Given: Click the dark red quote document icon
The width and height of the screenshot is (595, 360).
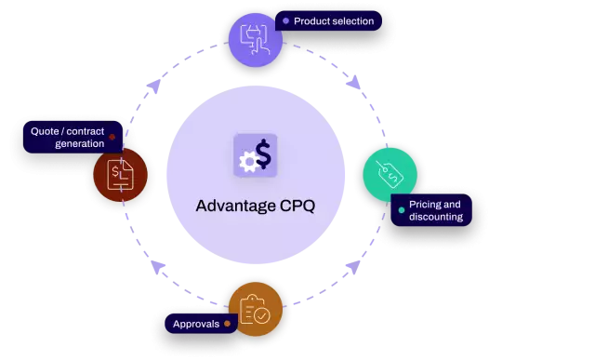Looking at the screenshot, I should click(120, 173).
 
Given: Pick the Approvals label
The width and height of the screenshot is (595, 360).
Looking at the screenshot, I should click(196, 325).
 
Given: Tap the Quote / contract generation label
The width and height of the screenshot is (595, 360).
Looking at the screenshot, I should click(67, 138).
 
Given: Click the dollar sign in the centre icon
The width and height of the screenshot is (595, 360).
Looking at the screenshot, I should click(264, 154).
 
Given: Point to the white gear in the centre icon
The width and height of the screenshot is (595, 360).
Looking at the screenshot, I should click(247, 163).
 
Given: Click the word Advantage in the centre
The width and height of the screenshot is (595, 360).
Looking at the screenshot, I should click(235, 206).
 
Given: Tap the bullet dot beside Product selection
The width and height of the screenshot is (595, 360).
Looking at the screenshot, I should click(285, 20).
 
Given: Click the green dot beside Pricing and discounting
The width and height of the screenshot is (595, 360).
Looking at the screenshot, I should click(401, 210).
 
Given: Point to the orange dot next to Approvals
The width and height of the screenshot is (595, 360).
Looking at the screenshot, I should click(227, 325).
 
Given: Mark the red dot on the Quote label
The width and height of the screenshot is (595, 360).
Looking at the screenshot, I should click(112, 138).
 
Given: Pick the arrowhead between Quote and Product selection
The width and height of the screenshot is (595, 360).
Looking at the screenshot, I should click(152, 85).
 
